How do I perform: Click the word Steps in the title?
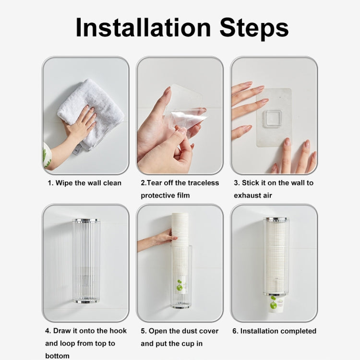coord(254,28)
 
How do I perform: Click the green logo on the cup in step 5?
coord(180,286)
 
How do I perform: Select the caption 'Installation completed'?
coord(278,331)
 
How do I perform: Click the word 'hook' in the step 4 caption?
coord(117,331)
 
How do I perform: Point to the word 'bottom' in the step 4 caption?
coord(57,356)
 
